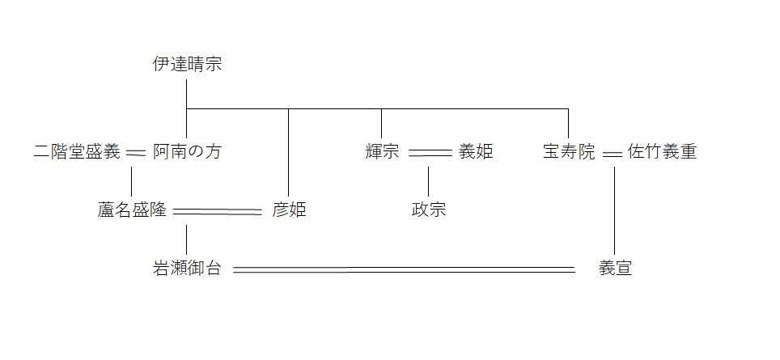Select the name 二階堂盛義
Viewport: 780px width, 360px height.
(77, 151)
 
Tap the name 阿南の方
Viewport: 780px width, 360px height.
(187, 151)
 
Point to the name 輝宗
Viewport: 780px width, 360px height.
(382, 151)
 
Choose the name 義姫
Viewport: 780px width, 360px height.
(476, 151)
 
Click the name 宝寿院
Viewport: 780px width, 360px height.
(569, 151)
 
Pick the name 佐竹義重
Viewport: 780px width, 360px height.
(662, 151)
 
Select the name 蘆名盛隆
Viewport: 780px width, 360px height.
(131, 210)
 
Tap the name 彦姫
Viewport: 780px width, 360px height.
(289, 210)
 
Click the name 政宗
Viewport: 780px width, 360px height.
(429, 210)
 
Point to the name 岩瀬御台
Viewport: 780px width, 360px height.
(187, 269)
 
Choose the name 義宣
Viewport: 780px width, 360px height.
(615, 269)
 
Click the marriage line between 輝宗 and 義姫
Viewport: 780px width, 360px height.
(430, 152)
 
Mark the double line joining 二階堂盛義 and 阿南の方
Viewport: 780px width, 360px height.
(136, 152)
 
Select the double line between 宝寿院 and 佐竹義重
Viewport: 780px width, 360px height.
(612, 152)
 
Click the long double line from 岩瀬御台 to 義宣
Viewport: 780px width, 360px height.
(405, 269)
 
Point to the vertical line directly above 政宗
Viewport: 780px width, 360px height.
(429, 181)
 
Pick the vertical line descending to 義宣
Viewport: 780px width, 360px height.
(615, 210)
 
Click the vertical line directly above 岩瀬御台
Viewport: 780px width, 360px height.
(187, 239)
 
